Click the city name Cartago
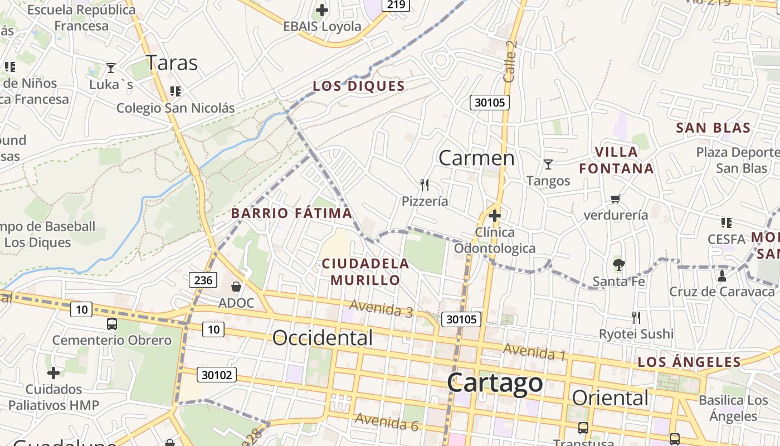pos(495,382)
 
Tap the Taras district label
pos(172,63)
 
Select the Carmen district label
pos(476,158)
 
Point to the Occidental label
pos(323,338)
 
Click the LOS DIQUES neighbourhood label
pos(359,86)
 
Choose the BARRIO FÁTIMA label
pos(291,213)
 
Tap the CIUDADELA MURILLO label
pos(365,272)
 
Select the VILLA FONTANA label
pos(616,160)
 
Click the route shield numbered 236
pos(203,280)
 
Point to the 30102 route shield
pos(217,375)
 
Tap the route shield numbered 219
pos(396,4)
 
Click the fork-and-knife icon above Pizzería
pos(425,185)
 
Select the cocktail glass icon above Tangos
pos(548,164)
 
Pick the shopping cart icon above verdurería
pos(616,198)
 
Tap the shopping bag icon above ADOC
pos(236,287)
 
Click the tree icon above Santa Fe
pos(618,265)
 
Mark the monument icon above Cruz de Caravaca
pos(722,275)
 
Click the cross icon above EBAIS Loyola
pos(322,10)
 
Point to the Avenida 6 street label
pos(387,422)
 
